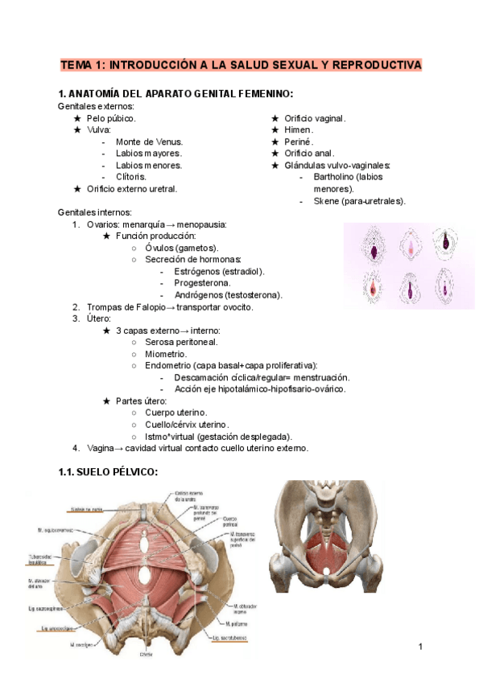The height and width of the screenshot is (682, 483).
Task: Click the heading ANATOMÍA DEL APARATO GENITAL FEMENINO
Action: point(182,93)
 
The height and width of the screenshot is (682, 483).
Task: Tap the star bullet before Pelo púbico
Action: point(77,118)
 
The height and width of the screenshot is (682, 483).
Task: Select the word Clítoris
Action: point(131,177)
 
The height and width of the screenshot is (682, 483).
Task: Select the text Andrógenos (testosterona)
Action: point(228,295)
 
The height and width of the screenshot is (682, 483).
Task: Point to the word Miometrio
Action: point(166,354)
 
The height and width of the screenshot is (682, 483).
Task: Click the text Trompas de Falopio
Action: point(125,307)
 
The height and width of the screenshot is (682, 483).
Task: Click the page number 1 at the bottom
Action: point(420,647)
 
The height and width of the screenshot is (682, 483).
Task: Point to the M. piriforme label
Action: point(237,623)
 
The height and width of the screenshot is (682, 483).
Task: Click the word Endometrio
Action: point(171,366)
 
